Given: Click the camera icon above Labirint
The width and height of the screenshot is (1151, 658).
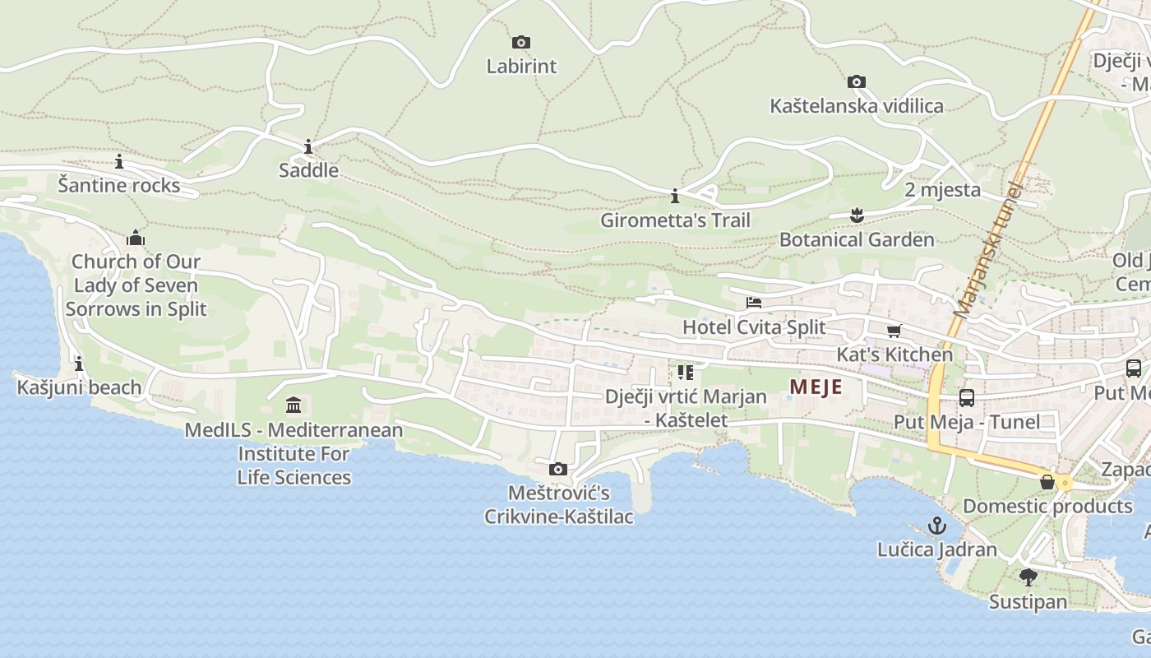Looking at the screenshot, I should coord(520,42).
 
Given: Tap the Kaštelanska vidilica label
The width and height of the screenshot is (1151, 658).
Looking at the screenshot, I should coord(856,106).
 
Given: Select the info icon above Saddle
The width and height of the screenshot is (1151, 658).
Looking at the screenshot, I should coord(308,147).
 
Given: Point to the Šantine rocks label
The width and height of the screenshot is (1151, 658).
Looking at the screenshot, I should coord(119,185).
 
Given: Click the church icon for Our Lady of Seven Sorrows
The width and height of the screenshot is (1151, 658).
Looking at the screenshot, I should coord(136,239).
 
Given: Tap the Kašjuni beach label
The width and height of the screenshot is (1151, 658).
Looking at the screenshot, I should coord(79,387).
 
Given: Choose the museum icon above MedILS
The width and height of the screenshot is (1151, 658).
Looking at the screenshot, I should coord(294,405).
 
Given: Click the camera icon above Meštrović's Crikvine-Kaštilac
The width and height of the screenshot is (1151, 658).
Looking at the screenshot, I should coord(558,469).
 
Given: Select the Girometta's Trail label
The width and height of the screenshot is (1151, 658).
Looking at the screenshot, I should coord(675,220).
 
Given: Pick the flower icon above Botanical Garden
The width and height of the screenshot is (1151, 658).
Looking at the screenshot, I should coord(857,215).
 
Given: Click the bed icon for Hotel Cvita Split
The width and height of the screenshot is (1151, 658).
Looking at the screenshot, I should coord(753,303).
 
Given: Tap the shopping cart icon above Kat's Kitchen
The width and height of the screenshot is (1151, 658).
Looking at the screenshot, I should coord(894,331).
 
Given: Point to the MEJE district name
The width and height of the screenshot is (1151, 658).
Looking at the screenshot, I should coord(816,387).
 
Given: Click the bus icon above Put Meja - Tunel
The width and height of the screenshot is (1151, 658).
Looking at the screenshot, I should coord(967,398).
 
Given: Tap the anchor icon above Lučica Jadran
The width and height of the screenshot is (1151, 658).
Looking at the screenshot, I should coord(936,525).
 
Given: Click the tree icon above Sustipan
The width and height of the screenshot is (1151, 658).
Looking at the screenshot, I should coord(1028,577).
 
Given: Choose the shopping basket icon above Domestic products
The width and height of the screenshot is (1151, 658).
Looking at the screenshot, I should coord(1047,482).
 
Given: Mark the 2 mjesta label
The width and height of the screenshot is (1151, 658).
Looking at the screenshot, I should coord(942,190).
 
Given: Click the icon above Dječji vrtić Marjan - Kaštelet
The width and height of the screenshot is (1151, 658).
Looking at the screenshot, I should coord(685,372).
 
